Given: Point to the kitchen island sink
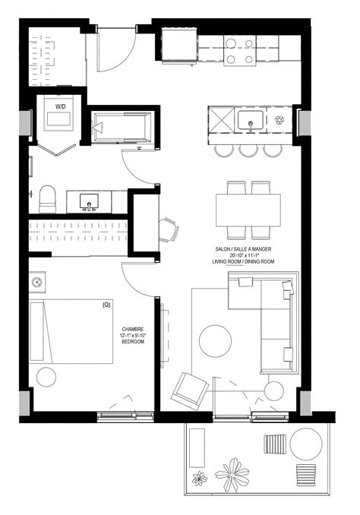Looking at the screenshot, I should coord(249,120).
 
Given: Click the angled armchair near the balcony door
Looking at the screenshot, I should coord(190,390).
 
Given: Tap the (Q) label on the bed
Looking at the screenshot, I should coord(106,305).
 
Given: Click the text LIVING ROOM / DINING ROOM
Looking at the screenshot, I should coord(243,261).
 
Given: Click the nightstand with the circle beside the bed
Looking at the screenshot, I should coord(36,283).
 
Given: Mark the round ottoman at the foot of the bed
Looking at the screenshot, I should coord(46,376).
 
